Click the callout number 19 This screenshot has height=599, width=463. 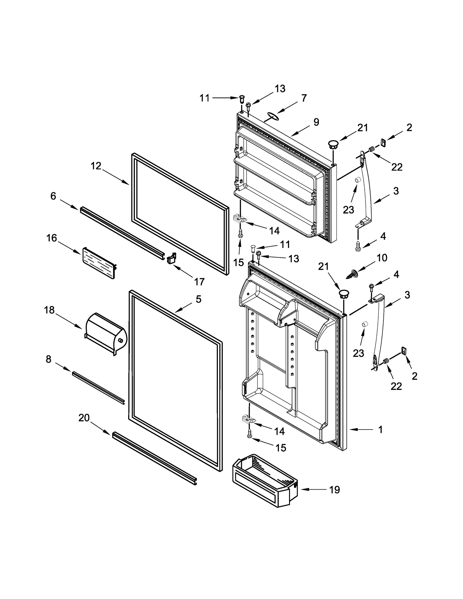334,490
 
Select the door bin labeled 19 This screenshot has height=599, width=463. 265,480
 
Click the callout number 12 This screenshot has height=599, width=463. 96,166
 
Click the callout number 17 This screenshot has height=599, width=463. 199,281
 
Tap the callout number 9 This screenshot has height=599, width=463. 316,122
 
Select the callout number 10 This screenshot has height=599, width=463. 382,257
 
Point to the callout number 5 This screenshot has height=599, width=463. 198,299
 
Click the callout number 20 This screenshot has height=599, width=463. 84,418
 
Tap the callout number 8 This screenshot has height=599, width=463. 48,359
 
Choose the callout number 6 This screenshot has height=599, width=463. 53,196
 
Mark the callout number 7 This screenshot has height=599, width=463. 304,98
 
